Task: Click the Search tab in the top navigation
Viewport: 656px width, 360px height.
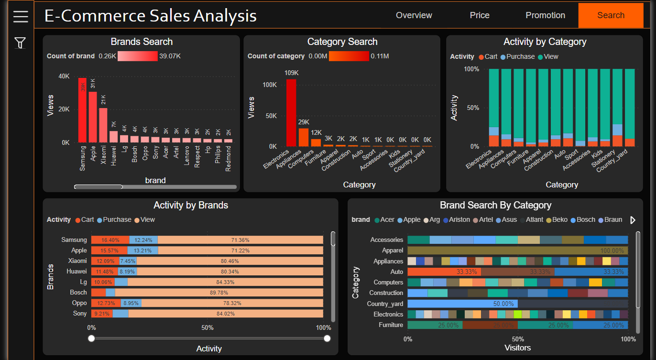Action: (611, 15)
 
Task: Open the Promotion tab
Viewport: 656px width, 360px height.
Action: (545, 15)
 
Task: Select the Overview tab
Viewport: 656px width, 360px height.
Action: (414, 15)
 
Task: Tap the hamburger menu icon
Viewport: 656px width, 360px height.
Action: (21, 17)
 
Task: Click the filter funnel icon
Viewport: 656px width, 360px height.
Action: (20, 43)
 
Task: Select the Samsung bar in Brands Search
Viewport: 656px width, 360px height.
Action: (83, 110)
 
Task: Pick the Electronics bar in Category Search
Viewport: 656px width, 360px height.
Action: (291, 113)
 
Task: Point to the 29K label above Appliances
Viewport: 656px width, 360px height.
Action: (304, 122)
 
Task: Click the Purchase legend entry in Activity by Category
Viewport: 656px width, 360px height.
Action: (517, 56)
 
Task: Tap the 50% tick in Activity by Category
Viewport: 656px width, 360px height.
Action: (472, 108)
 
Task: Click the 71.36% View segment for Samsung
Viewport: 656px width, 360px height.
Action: (240, 240)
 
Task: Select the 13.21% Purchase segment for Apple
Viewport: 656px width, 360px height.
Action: (142, 251)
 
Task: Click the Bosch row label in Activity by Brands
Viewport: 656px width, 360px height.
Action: (78, 292)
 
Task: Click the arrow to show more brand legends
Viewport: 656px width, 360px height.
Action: (633, 220)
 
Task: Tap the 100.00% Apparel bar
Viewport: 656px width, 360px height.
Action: (517, 251)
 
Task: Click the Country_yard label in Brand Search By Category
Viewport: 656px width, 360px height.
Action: (385, 304)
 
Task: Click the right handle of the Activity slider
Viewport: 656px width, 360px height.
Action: (327, 338)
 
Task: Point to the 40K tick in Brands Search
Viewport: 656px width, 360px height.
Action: (64, 76)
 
